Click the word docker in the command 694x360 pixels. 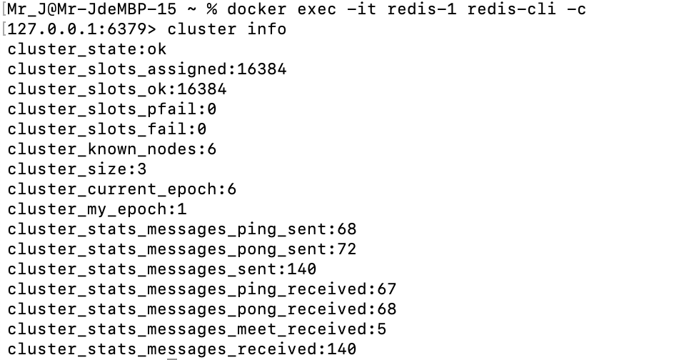tap(257, 9)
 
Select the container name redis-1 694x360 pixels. tap(422, 9)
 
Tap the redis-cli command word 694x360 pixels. tap(512, 9)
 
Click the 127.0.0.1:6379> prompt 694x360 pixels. tap(82, 29)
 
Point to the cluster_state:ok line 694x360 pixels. tap(87, 49)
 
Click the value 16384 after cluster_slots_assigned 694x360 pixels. tap(261, 69)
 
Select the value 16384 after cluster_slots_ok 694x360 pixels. tap(202, 89)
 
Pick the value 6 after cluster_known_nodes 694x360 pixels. tap(211, 149)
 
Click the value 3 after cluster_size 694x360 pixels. tap(141, 169)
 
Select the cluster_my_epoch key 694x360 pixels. tap(87, 209)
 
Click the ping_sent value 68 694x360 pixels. tap(346, 229)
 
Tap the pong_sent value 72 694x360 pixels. tap(346, 249)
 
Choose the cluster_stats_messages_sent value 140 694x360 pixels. tap(302, 269)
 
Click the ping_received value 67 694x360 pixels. tap(386, 289)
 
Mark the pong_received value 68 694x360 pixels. tap(386, 309)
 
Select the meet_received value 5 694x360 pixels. tap(381, 329)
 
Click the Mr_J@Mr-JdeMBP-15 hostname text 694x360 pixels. tap(91, 9)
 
